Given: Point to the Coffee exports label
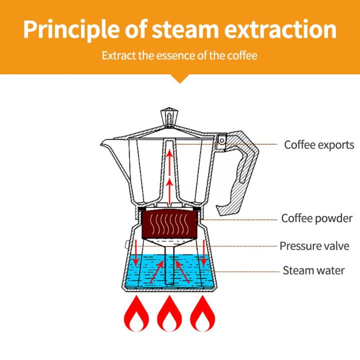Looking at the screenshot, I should tap(319, 145).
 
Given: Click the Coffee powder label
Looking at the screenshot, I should tap(317, 218).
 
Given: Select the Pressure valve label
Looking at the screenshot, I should tap(314, 246).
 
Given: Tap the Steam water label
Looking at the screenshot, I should tap(313, 271).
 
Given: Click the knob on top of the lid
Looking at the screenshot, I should tap(170, 116).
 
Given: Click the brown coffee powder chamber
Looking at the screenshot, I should tap(170, 224).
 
